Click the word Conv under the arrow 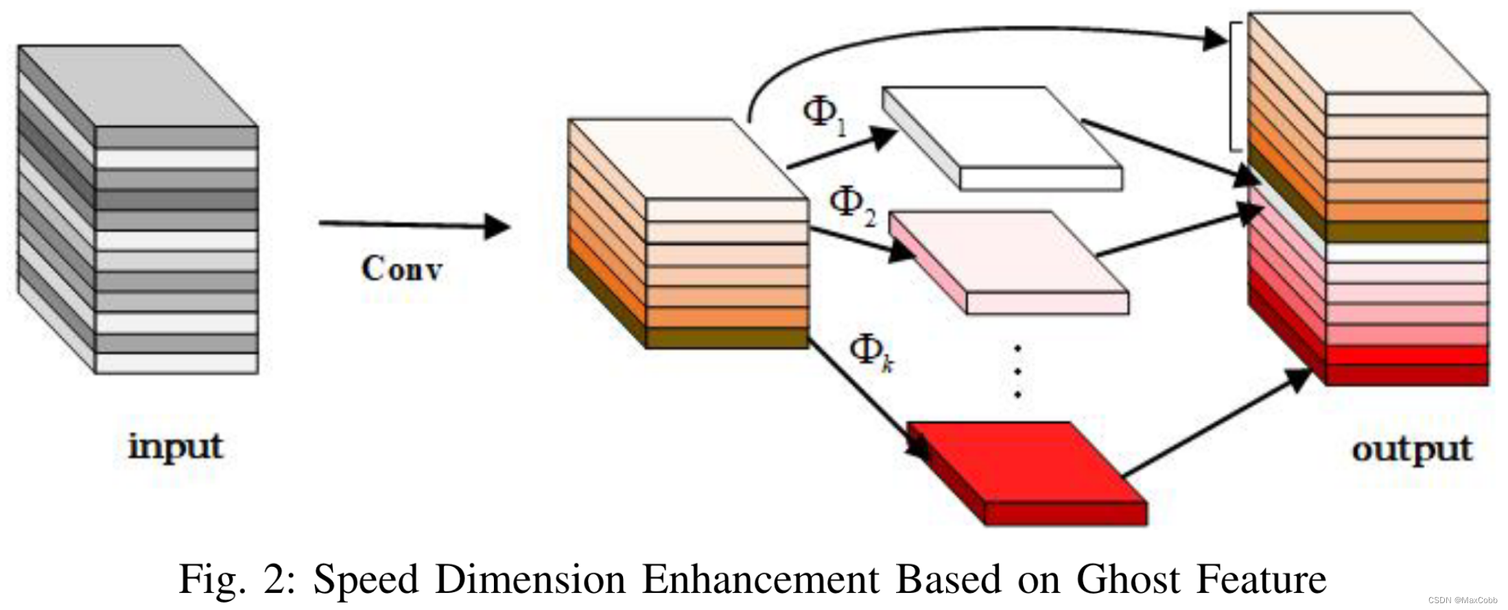coord(401,269)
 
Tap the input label coord(176,447)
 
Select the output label coord(1412,450)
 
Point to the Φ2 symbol coord(852,206)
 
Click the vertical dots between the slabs coord(1017,371)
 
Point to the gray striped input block coord(137,209)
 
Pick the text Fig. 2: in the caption coord(237,580)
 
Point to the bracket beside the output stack coord(1234,86)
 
